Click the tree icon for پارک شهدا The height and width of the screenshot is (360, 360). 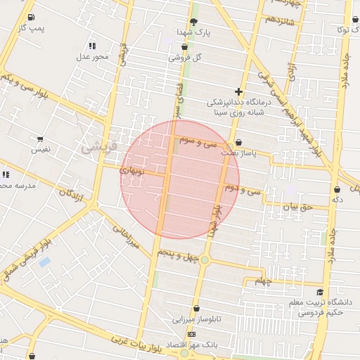[x=193, y=22]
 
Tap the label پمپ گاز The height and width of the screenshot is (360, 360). [x=32, y=27]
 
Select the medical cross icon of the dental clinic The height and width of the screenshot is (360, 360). [x=238, y=91]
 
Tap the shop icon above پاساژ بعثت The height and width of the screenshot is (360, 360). [x=238, y=141]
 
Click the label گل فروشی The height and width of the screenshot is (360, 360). [x=184, y=58]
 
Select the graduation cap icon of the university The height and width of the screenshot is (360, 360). [x=321, y=292]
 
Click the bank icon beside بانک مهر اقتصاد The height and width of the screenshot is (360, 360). [x=191, y=334]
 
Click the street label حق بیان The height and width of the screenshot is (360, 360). [x=295, y=207]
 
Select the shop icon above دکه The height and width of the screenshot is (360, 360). [x=337, y=189]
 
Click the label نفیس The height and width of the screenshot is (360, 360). [x=40, y=149]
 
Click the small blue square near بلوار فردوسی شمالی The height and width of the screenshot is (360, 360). [x=45, y=262]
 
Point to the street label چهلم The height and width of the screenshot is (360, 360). [x=263, y=281]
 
